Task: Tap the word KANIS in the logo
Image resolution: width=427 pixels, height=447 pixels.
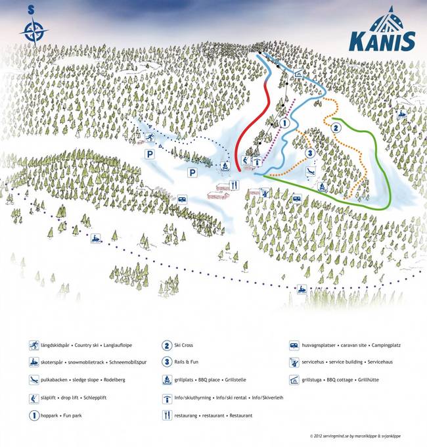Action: (382, 41)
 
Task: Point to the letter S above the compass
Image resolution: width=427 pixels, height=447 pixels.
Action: (31, 10)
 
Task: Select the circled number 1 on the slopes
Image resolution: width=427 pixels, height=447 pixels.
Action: (285, 123)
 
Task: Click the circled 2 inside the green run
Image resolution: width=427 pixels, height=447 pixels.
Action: (335, 128)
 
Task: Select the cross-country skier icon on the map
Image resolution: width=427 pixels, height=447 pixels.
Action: (150, 137)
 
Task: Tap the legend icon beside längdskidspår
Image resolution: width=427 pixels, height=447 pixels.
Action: (34, 345)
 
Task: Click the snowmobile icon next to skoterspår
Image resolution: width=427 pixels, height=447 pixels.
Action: (34, 362)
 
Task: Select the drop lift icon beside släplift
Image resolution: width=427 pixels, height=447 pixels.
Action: (34, 398)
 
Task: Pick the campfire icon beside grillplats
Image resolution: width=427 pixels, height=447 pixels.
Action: (167, 379)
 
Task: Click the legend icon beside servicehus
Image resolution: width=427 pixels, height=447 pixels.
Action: (294, 362)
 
